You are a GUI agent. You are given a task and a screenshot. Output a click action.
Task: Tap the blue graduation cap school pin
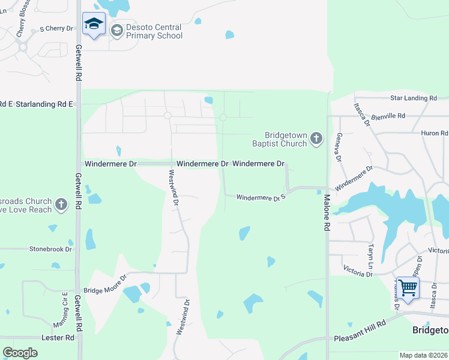point(94,25)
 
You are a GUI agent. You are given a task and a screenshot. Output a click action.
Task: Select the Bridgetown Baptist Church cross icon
point(316,140)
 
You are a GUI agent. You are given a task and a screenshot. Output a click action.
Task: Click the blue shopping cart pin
point(407,288)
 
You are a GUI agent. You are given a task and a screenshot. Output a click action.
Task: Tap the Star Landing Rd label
point(413,98)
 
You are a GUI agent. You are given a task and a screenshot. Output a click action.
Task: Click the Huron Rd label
point(435,133)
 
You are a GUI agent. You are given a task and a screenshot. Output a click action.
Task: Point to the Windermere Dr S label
point(260,197)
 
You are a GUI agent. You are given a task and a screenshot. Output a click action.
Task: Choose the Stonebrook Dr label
point(50,249)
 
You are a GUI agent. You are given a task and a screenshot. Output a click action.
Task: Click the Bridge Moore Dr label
point(105,284)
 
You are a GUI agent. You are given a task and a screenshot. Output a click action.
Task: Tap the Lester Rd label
point(58,338)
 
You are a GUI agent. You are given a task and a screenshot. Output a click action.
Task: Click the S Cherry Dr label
point(56,28)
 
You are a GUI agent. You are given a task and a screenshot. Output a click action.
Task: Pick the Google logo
point(20,353)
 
